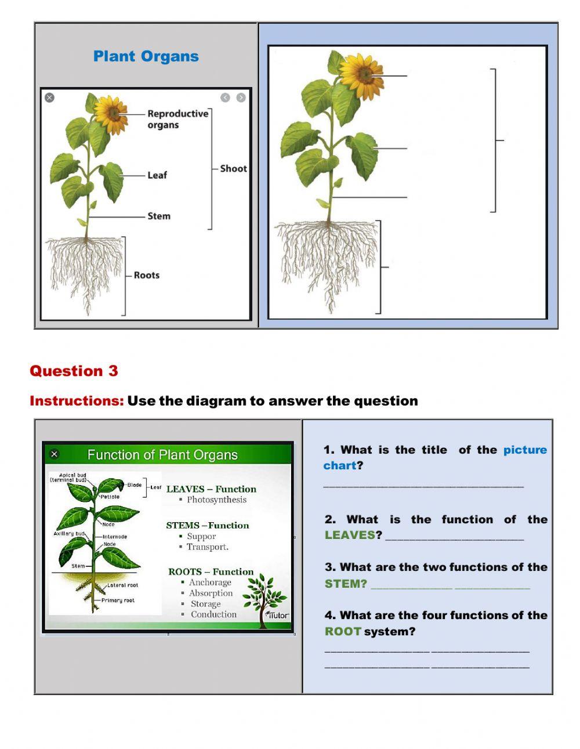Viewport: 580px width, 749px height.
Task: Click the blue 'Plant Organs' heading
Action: click(x=146, y=56)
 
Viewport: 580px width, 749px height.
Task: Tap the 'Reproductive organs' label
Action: click(x=177, y=119)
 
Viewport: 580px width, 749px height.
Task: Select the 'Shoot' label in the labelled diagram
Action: click(x=233, y=169)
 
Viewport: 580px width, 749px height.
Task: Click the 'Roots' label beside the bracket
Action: click(x=146, y=275)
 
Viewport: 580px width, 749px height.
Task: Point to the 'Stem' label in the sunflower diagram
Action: click(x=158, y=216)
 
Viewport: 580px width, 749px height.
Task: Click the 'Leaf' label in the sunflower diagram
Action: click(x=157, y=175)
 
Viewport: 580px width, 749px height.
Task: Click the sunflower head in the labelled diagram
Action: click(x=110, y=113)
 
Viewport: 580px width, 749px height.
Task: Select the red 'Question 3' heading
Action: click(x=74, y=371)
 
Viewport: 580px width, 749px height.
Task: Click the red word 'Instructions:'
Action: click(x=77, y=401)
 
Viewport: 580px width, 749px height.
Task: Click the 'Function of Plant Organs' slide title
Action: click(x=162, y=455)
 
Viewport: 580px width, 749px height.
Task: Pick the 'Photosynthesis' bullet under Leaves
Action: click(x=216, y=500)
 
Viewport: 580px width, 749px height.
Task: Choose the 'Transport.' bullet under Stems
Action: click(x=207, y=547)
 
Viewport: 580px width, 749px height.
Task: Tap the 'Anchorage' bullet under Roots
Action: click(x=209, y=582)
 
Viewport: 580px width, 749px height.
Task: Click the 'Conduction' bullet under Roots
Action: click(x=213, y=614)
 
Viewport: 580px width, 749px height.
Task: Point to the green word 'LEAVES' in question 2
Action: click(x=350, y=535)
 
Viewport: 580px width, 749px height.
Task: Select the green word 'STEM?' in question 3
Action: click(x=346, y=584)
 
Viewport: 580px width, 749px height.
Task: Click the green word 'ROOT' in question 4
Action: click(x=343, y=631)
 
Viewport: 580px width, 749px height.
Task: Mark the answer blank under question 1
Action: click(x=423, y=485)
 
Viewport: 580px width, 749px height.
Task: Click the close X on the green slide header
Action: click(x=55, y=454)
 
